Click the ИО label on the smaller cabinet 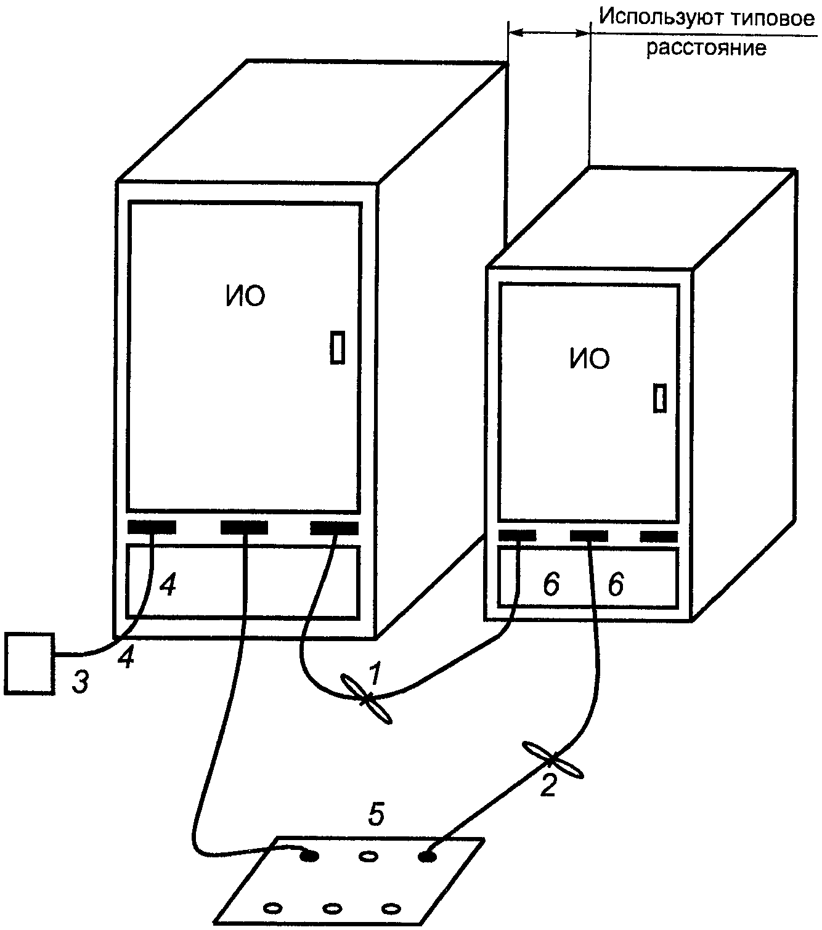point(589,358)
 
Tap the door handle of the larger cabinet point(337,347)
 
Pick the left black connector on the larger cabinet point(152,528)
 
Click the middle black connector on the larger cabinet point(244,528)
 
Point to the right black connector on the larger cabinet point(335,528)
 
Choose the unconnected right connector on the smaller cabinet point(659,536)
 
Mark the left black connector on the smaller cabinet point(517,535)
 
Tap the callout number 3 point(81,682)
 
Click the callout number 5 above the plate point(376,815)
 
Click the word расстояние point(706,47)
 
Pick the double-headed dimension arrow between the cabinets point(548,34)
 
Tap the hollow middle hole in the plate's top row point(368,856)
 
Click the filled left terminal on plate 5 point(310,855)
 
